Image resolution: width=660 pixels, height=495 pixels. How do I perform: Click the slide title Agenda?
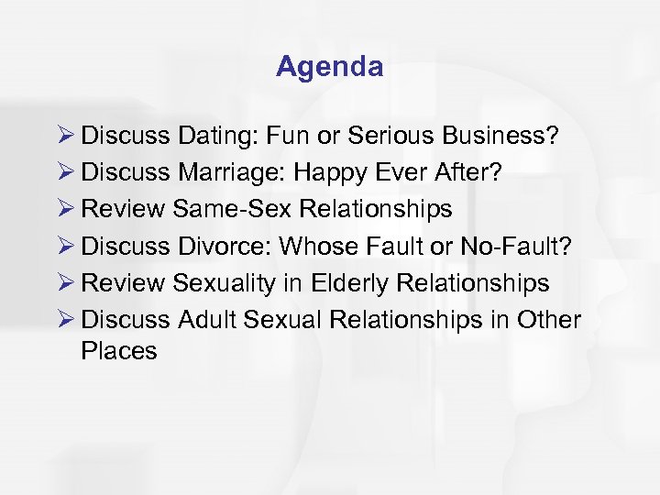pos(329,67)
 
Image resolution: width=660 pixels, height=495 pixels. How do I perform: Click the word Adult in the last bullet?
pos(206,320)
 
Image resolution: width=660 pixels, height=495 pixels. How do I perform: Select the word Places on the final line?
pos(119,351)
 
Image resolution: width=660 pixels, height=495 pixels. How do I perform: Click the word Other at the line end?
pos(548,320)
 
